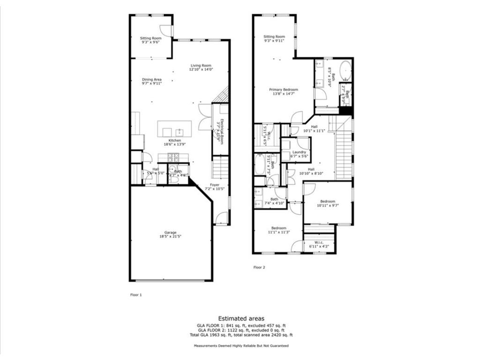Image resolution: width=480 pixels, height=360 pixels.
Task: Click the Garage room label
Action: pos(170,234)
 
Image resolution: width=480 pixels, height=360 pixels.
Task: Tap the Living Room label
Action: pos(200,67)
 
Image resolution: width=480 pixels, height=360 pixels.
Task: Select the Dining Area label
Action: pos(151,82)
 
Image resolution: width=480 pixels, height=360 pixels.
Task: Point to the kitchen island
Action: pos(174,129)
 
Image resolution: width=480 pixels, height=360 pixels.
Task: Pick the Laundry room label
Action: pos(299,154)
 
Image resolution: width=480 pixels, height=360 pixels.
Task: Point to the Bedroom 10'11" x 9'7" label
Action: pos(328,203)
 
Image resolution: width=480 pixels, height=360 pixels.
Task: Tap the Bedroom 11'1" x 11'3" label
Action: pos(278,230)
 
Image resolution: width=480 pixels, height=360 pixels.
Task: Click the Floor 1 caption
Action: pos(135,295)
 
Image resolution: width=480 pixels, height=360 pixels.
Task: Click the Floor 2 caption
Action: pos(259,267)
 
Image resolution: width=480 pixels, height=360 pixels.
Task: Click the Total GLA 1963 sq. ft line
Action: pos(241,335)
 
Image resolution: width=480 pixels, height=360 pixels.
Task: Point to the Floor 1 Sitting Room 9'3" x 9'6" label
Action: pos(151,40)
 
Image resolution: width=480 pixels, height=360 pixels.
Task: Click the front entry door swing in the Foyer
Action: pos(222,218)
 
